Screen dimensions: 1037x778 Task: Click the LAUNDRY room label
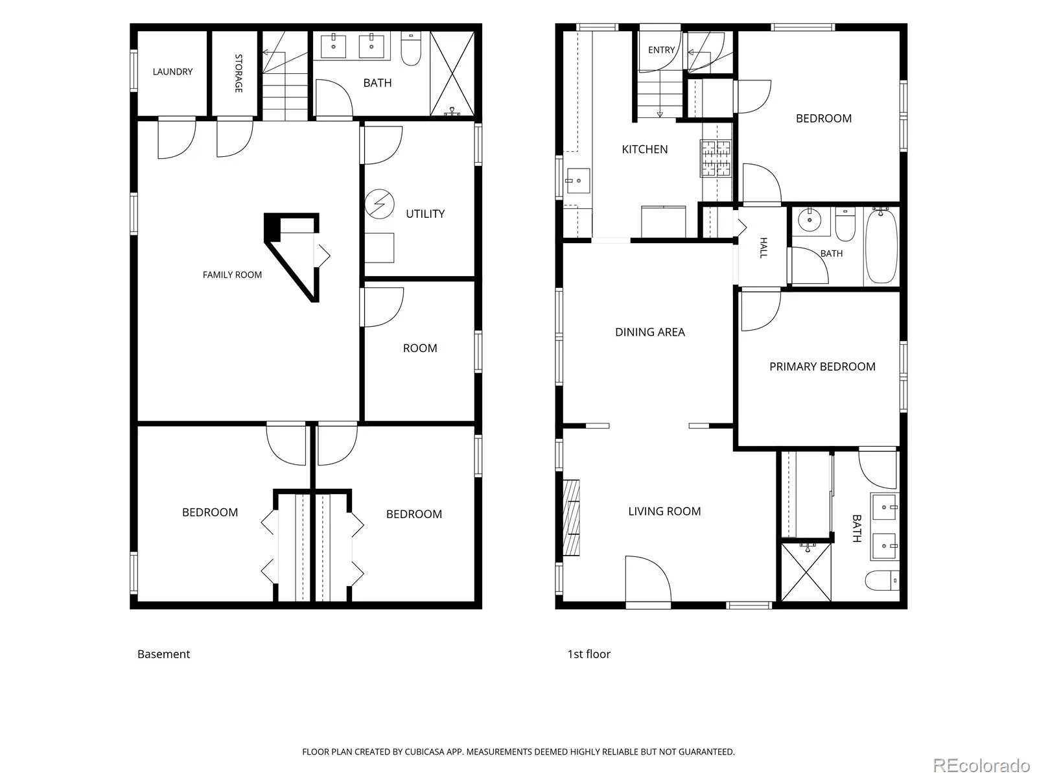tap(172, 72)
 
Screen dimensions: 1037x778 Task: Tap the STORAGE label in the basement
tap(239, 73)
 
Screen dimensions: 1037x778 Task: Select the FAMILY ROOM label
tap(232, 275)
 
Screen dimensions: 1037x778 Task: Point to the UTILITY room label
tap(425, 214)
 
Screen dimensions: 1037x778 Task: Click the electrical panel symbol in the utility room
tap(379, 204)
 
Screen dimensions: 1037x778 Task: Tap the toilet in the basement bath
tap(410, 49)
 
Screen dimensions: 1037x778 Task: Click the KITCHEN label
tap(644, 149)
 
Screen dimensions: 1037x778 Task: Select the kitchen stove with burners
tap(716, 159)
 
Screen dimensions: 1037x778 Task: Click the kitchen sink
tap(577, 181)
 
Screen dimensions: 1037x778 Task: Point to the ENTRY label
tap(661, 50)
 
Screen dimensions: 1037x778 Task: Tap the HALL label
tap(763, 248)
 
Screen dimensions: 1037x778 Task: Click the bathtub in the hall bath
tap(881, 246)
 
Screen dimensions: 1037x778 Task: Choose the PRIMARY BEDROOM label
tap(822, 366)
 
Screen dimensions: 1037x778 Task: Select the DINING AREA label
tap(649, 332)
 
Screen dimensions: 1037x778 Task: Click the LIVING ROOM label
tap(664, 511)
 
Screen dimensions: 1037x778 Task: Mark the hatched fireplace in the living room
tap(572, 518)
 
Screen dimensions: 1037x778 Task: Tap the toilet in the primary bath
tap(882, 580)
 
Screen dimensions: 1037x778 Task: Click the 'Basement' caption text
tap(163, 654)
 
